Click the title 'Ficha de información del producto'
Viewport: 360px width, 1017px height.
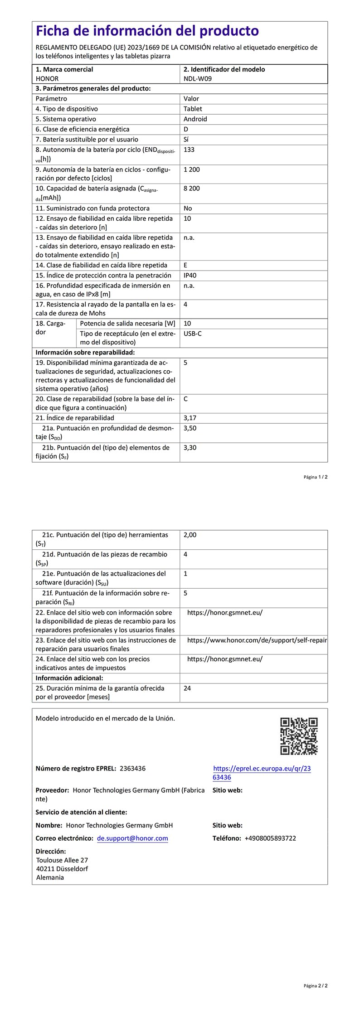(147, 31)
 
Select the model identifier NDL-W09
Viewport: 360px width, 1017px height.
(197, 78)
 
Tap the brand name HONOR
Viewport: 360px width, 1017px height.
(47, 78)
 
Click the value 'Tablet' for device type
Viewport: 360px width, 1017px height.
(193, 109)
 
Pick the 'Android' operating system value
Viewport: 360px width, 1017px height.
(195, 119)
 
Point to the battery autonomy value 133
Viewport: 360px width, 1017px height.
(189, 150)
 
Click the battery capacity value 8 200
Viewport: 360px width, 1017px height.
(191, 189)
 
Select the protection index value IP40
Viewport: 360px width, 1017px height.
(190, 276)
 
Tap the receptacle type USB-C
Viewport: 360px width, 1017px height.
(193, 334)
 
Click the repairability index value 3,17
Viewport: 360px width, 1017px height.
(190, 418)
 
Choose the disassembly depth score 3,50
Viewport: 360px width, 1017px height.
(190, 428)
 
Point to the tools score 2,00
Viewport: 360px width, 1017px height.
(190, 535)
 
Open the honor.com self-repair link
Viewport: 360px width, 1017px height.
(257, 640)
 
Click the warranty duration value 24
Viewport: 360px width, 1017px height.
(187, 688)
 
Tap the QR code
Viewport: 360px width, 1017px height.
(299, 736)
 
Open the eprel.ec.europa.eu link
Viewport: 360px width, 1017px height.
(262, 773)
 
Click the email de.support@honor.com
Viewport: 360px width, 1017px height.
(132, 838)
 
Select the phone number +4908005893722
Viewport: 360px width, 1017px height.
(270, 838)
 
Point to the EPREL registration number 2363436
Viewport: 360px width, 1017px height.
(132, 768)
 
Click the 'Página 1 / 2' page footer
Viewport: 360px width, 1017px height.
(316, 477)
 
